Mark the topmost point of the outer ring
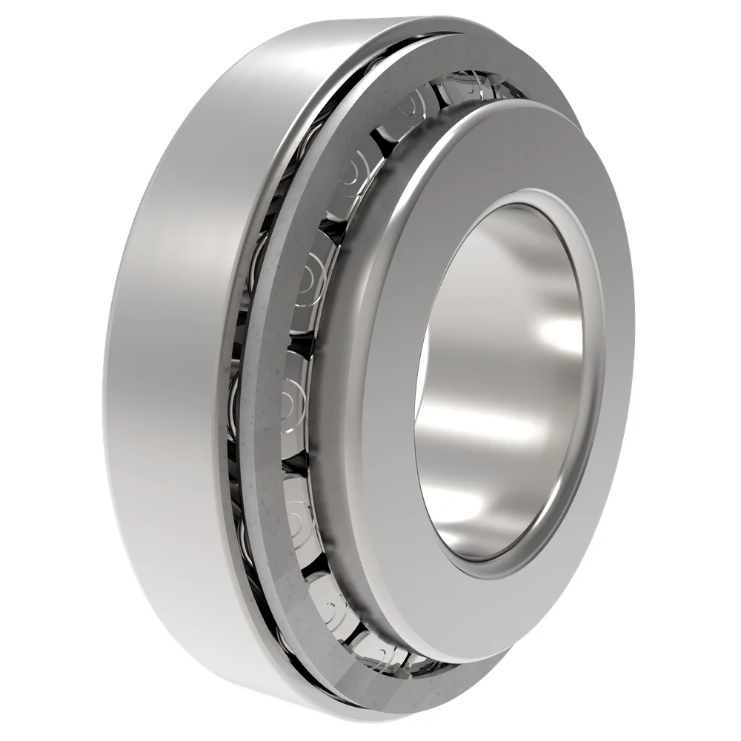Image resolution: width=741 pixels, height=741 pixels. [415, 18]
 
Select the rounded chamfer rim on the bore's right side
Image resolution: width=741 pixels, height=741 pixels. [597, 385]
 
